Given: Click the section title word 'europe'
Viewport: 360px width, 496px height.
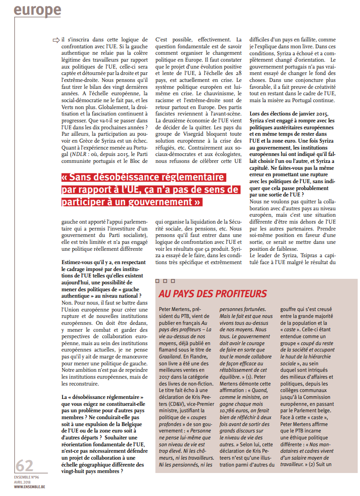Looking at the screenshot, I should pos(37,10).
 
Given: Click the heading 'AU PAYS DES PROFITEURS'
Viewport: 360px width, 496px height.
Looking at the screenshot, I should pos(212,294).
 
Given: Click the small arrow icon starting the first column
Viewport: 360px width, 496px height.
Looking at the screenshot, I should pos(56,40).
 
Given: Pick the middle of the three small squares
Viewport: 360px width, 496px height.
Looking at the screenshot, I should pos(165,281).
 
